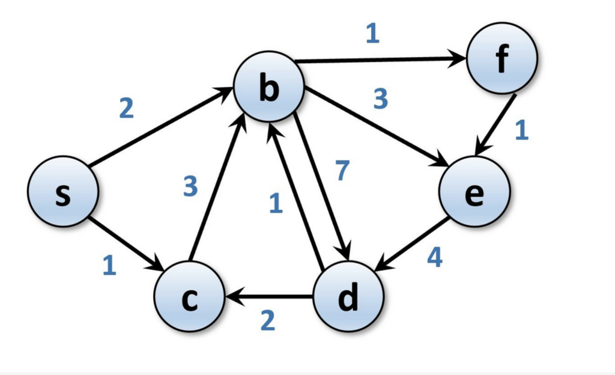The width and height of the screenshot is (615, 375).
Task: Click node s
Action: tap(62, 192)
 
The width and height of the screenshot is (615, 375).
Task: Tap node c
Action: tap(189, 297)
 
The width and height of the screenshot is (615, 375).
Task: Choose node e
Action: tap(474, 192)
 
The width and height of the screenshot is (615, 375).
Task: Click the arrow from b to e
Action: tap(375, 127)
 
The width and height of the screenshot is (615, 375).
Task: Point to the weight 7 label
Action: tap(341, 171)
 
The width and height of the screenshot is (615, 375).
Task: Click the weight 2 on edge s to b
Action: tap(126, 108)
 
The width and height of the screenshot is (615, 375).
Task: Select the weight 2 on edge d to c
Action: tap(267, 322)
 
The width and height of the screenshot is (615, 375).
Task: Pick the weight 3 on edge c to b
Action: tap(190, 187)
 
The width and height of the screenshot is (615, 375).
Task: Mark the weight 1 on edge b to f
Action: tap(372, 34)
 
